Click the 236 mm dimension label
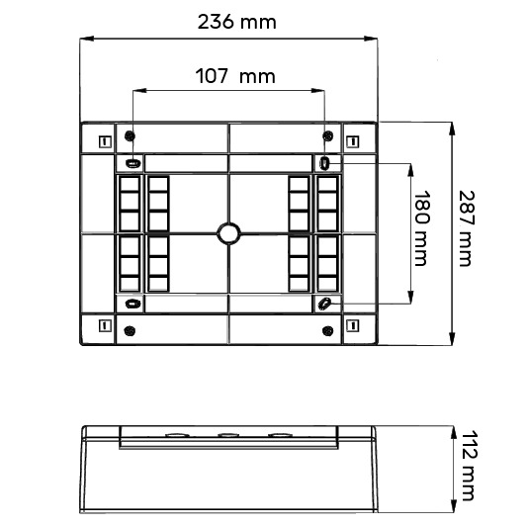(x=236, y=22)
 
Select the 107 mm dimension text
(x=235, y=76)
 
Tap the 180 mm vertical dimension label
(x=421, y=228)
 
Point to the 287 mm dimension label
(x=467, y=228)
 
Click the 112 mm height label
(x=469, y=465)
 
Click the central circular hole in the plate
(x=228, y=233)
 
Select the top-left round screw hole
(x=130, y=136)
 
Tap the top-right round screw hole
(x=328, y=136)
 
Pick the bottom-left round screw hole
(x=130, y=330)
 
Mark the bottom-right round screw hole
(x=328, y=330)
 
